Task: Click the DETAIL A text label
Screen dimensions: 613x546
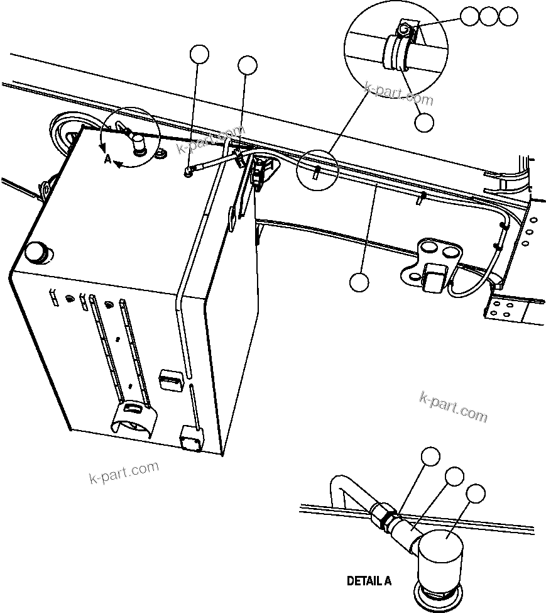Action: [369, 581]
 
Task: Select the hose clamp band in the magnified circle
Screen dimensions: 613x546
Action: [397, 52]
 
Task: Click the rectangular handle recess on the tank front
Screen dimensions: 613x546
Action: [169, 379]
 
